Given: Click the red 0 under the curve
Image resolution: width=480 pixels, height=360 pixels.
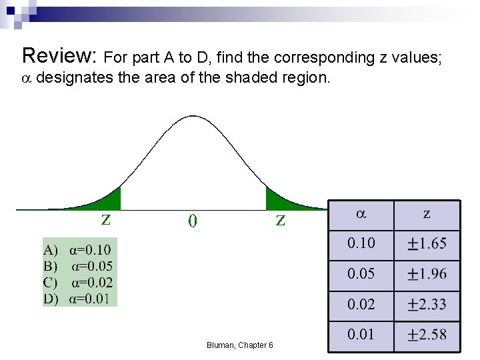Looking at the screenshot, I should pyautogui.click(x=192, y=220).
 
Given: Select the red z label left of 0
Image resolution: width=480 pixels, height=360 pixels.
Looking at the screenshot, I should pyautogui.click(x=105, y=219).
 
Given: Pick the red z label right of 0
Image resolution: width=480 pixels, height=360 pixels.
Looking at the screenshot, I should pyautogui.click(x=281, y=219).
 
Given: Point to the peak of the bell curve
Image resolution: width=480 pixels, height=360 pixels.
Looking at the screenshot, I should pyautogui.click(x=193, y=117).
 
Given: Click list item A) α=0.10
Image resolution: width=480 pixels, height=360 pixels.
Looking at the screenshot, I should pyautogui.click(x=77, y=250).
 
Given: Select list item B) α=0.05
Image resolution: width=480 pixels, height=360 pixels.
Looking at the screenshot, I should pyautogui.click(x=78, y=266).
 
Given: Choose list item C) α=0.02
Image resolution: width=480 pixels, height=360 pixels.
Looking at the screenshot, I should pyautogui.click(x=78, y=282).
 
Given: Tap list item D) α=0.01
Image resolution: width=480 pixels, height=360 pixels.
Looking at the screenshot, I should pyautogui.click(x=78, y=298).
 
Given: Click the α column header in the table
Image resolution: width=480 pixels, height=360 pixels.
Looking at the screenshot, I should pyautogui.click(x=361, y=215).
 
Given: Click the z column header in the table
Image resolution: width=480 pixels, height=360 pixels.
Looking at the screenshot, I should pyautogui.click(x=427, y=215).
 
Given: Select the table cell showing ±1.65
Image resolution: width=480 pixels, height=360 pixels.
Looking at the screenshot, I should pyautogui.click(x=427, y=243).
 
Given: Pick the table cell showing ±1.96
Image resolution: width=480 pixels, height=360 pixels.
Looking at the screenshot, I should pyautogui.click(x=427, y=274).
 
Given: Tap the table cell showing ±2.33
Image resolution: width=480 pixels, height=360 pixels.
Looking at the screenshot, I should pyautogui.click(x=427, y=305).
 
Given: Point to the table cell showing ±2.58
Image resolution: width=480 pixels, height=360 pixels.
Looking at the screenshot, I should pyautogui.click(x=427, y=334).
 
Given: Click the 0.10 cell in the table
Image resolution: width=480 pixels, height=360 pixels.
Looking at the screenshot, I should pyautogui.click(x=361, y=243).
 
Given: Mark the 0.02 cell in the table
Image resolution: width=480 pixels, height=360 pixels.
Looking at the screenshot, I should pyautogui.click(x=361, y=305).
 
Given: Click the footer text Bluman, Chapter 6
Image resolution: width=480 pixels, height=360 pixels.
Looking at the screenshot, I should pyautogui.click(x=239, y=345).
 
